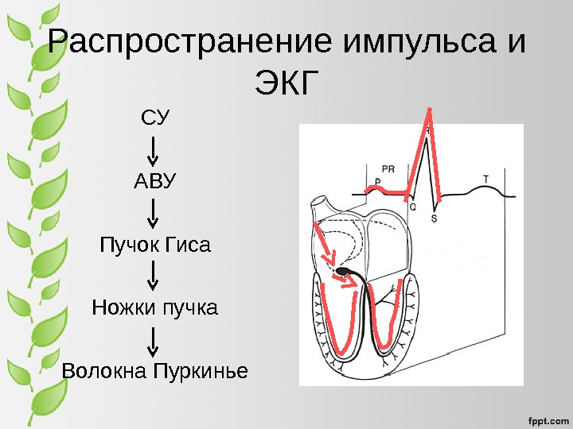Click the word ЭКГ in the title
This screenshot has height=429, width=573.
pyautogui.click(x=286, y=82)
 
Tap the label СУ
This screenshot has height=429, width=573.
pyautogui.click(x=154, y=119)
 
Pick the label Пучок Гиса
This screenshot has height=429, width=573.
pyautogui.click(x=154, y=244)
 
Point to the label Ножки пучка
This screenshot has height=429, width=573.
pyautogui.click(x=154, y=307)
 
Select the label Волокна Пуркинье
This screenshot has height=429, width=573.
pyautogui.click(x=154, y=370)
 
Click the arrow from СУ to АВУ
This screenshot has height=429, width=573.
pyautogui.click(x=154, y=150)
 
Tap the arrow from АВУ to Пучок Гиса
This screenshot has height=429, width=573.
pyautogui.click(x=154, y=212)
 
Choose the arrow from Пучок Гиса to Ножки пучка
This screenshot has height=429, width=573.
pyautogui.click(x=154, y=275)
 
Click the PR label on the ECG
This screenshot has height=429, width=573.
pyautogui.click(x=388, y=168)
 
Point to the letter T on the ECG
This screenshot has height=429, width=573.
pyautogui.click(x=486, y=177)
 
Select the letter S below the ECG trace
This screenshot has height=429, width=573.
pyautogui.click(x=434, y=217)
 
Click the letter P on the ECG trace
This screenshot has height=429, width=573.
pyautogui.click(x=377, y=182)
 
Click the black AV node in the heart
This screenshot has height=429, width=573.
pyautogui.click(x=345, y=272)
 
